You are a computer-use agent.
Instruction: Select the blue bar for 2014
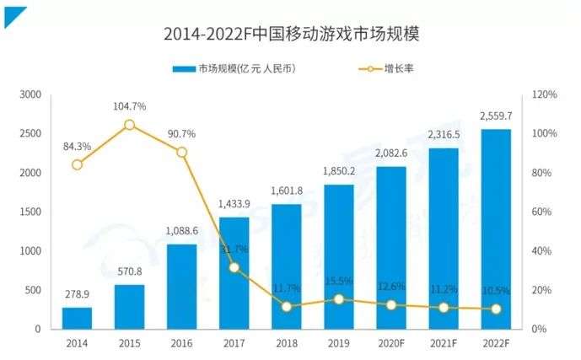point(77,318)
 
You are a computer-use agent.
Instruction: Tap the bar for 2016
point(181,287)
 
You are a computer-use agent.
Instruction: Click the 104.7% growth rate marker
point(129,125)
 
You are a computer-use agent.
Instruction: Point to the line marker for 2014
point(77,164)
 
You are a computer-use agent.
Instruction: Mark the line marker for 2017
point(234,267)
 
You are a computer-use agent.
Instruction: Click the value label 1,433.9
point(234,205)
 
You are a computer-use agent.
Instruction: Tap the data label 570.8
point(129,272)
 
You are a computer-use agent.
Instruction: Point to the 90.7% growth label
point(181,133)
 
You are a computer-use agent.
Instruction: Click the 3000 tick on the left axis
point(30,94)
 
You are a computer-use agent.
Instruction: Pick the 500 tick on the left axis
point(32,290)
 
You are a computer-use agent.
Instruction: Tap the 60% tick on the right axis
point(542,212)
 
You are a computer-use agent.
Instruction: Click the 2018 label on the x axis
point(287,343)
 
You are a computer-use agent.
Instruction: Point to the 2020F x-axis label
point(391,343)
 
